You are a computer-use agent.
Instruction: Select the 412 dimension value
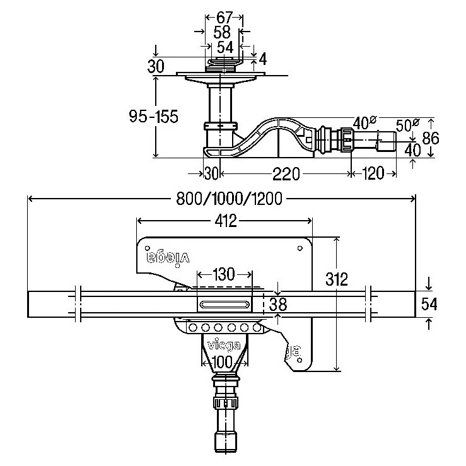224,220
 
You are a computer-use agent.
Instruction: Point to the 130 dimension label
224,274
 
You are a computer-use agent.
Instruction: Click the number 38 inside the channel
277,305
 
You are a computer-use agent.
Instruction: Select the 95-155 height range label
153,117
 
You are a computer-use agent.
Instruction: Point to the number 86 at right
431,137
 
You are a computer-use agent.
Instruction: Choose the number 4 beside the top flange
262,59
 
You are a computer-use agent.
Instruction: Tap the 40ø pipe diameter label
364,122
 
